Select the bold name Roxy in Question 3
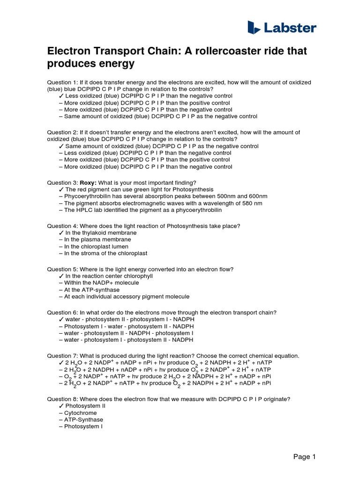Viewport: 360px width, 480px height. (x=89, y=182)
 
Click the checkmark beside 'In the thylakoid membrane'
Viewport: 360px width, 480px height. (x=61, y=233)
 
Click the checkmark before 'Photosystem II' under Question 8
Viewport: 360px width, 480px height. (x=61, y=406)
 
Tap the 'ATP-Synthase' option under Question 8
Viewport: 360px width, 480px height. (x=83, y=420)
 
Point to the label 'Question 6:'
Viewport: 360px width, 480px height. (x=63, y=313)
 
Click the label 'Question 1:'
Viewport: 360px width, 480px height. (x=63, y=82)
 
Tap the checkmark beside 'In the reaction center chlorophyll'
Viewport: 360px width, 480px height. (x=61, y=276)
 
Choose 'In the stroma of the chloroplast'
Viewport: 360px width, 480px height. (x=105, y=253)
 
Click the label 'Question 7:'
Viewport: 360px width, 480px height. (x=63, y=356)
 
